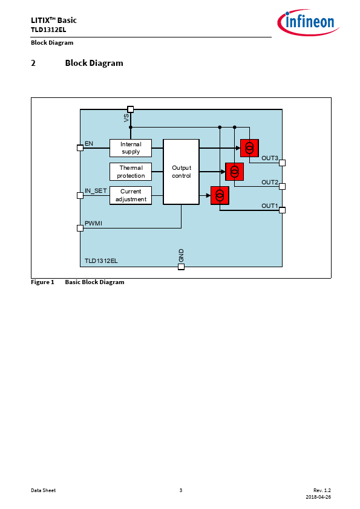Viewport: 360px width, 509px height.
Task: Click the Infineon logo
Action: click(308, 22)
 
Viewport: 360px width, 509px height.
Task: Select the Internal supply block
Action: click(131, 148)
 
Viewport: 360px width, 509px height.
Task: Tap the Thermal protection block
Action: click(131, 172)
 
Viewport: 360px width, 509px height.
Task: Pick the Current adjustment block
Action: click(131, 195)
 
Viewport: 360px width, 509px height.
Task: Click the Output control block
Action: click(181, 172)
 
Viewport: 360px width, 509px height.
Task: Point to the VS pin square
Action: click(130, 109)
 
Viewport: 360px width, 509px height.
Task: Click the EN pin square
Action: click(80, 148)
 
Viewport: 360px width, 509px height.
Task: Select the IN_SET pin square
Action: click(80, 195)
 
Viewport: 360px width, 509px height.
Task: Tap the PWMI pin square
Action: click(80, 229)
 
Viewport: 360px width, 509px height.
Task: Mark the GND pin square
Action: click(182, 267)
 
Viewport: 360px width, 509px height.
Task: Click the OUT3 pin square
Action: click(283, 163)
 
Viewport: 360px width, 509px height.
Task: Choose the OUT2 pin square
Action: click(283, 186)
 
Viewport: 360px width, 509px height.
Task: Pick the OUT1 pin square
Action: click(283, 210)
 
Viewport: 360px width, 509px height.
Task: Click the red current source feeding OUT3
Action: click(249, 148)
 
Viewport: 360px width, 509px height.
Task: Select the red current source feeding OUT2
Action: click(235, 172)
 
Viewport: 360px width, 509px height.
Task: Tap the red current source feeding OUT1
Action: click(220, 195)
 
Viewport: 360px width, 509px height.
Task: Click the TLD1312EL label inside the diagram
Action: click(101, 261)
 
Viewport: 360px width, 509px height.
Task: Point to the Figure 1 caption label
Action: click(42, 282)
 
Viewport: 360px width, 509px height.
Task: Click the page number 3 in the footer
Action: click(181, 490)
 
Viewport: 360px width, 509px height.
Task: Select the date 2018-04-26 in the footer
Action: click(318, 497)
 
